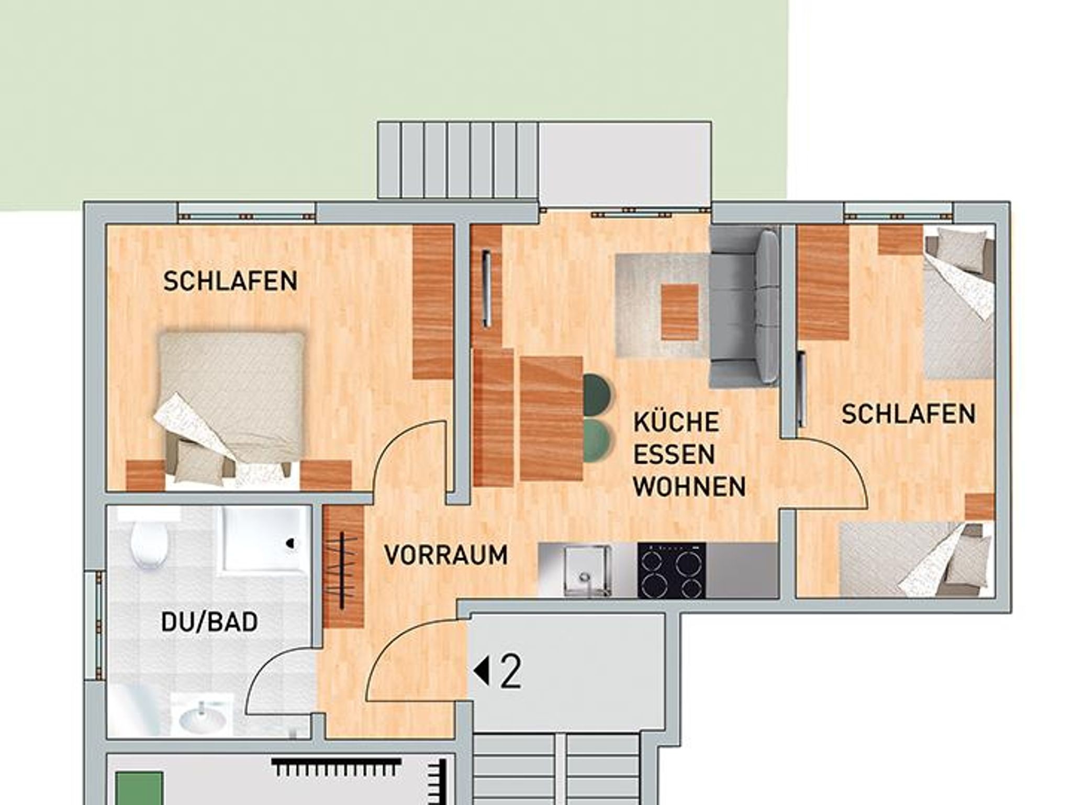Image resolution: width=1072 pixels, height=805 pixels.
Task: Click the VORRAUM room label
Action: (446, 555)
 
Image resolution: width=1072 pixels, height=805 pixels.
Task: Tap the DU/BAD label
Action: (209, 622)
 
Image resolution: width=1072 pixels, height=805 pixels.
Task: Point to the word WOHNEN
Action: (689, 487)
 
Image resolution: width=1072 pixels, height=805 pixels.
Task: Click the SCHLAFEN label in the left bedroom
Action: (230, 281)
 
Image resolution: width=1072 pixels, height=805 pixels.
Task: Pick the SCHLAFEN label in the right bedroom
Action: (909, 413)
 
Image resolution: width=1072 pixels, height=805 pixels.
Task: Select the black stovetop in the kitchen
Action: (672, 570)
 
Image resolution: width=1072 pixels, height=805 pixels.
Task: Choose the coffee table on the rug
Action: (680, 312)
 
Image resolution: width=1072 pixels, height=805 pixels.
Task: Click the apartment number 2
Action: (511, 673)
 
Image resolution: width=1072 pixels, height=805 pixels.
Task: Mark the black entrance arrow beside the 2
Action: (482, 673)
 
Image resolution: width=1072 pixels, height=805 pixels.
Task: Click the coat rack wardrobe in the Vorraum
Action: (343, 568)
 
